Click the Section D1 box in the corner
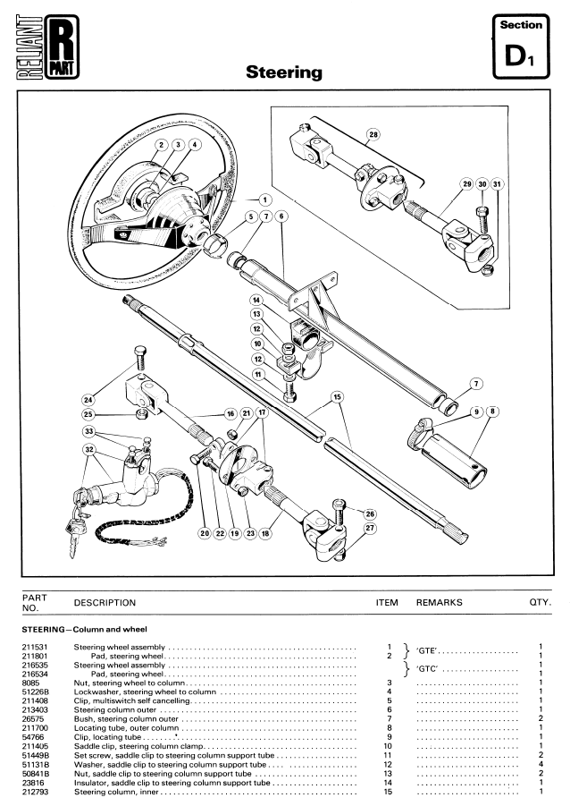pyautogui.click(x=521, y=47)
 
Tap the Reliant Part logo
pyautogui.click(x=48, y=47)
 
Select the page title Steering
pyautogui.click(x=284, y=72)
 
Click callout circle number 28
pyautogui.click(x=373, y=135)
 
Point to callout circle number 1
pyautogui.click(x=265, y=200)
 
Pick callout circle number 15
pyautogui.click(x=337, y=397)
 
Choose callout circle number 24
pyautogui.click(x=88, y=400)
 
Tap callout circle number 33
pyautogui.click(x=89, y=431)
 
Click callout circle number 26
pyautogui.click(x=370, y=513)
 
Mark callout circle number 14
pyautogui.click(x=256, y=301)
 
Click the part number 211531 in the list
pyautogui.click(x=33, y=647)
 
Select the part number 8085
pyautogui.click(x=29, y=683)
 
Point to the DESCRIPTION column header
pyautogui.click(x=105, y=602)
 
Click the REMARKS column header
pyautogui.click(x=439, y=602)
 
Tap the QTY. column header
pyautogui.click(x=541, y=602)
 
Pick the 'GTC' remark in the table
pyautogui.click(x=427, y=669)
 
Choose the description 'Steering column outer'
pyautogui.click(x=115, y=710)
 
